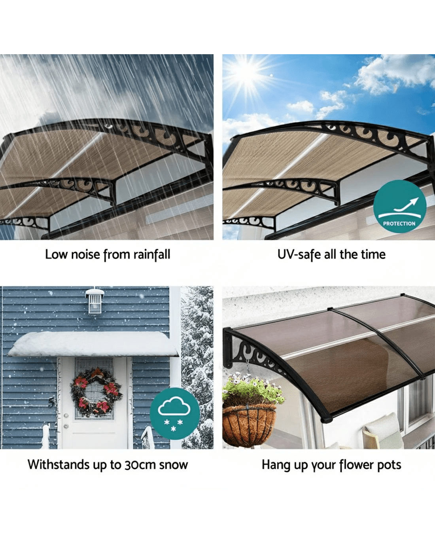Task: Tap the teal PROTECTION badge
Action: pos(400,206)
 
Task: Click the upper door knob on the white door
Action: pos(66,416)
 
